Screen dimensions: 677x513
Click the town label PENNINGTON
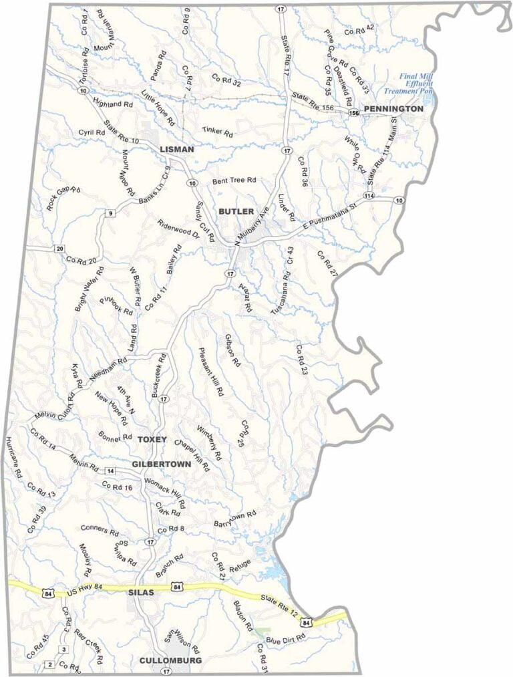393,108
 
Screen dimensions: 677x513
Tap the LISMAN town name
177,150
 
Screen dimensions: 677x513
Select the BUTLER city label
236,211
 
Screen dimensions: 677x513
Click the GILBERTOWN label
162,463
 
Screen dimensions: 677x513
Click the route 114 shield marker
368,195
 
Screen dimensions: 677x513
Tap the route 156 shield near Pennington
353,114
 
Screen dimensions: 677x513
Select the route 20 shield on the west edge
59,249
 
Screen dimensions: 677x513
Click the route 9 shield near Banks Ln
109,213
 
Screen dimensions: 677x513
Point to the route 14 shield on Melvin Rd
110,471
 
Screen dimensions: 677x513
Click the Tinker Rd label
218,132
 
